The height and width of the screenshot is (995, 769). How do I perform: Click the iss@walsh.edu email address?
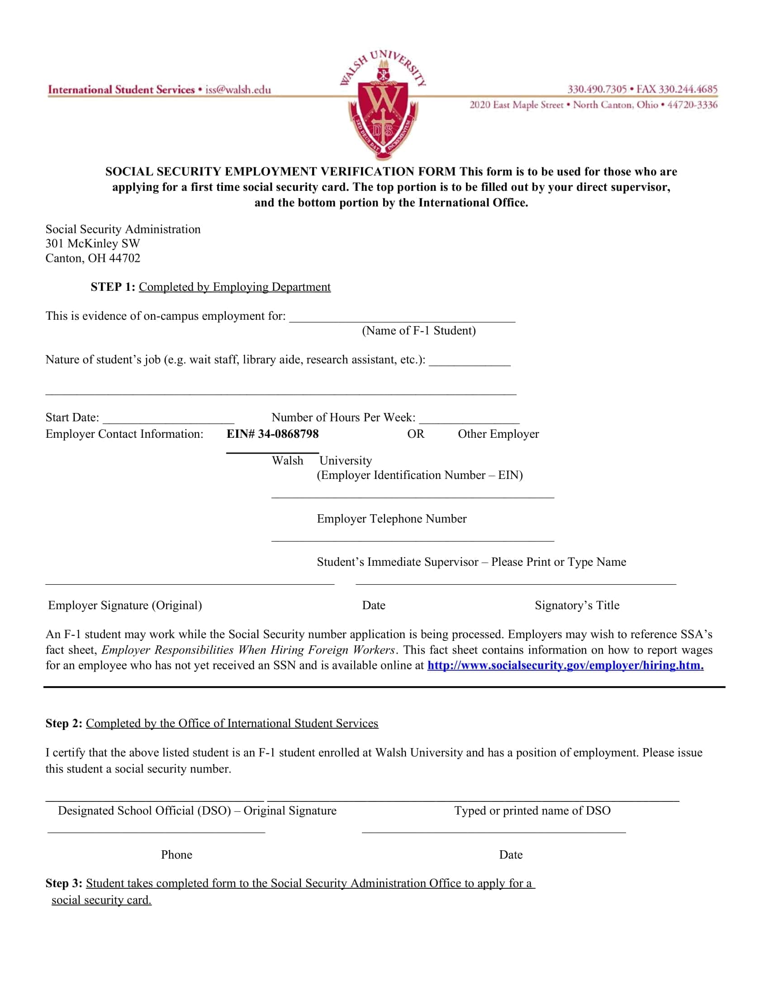(x=238, y=90)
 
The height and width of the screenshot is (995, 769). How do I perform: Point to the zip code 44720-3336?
(x=692, y=105)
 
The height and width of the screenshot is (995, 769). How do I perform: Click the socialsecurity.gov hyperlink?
(x=565, y=665)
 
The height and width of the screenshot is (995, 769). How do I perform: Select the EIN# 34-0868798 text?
(x=272, y=434)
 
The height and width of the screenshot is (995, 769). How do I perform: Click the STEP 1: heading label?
(x=113, y=287)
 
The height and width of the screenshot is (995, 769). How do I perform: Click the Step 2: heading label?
(x=64, y=724)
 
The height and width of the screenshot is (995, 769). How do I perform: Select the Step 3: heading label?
(x=64, y=883)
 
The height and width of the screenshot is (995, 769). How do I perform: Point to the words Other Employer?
(x=498, y=434)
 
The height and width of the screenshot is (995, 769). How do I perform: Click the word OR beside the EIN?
(x=415, y=434)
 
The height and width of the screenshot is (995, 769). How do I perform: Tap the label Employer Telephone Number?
(x=391, y=518)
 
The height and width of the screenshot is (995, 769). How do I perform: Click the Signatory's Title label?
(x=577, y=605)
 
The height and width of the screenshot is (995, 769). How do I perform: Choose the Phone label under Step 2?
(x=176, y=855)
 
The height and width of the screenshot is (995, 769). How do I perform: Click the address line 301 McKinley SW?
(x=92, y=244)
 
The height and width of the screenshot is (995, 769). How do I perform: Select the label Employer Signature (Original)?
(x=125, y=605)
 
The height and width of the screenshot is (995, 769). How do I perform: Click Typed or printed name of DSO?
(x=532, y=810)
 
